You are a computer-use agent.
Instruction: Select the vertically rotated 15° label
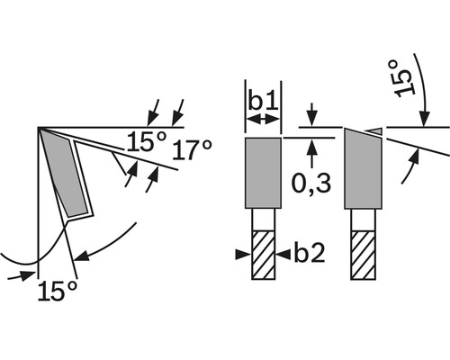pyautogui.click(x=406, y=75)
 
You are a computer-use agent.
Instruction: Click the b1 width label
pyautogui.click(x=264, y=98)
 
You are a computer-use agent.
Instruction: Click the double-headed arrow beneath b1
pyautogui.click(x=264, y=120)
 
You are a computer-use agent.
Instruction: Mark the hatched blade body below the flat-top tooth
pyautogui.click(x=264, y=256)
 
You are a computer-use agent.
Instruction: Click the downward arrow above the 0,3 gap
pyautogui.click(x=310, y=117)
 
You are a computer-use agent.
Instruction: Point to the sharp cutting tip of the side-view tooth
pyautogui.click(x=40, y=130)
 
